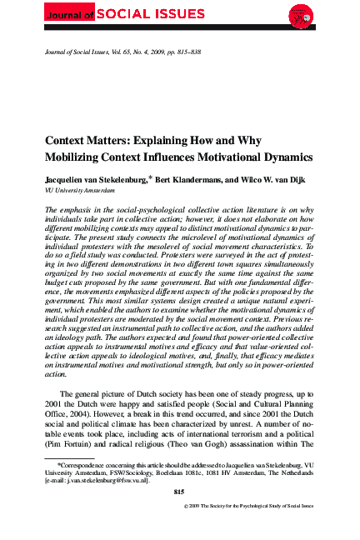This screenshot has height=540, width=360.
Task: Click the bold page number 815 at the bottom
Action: click(179, 493)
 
